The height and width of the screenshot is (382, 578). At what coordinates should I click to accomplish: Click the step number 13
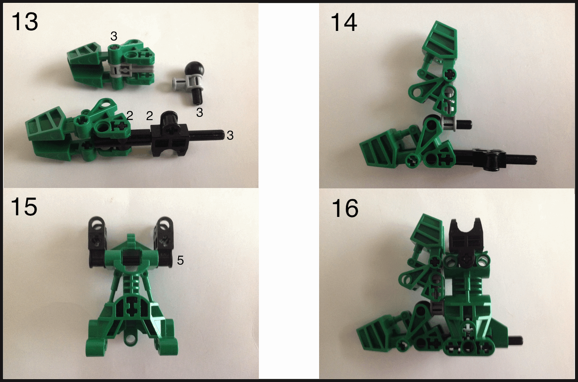click(x=25, y=22)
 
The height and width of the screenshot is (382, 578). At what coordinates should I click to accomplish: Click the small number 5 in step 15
click(x=180, y=260)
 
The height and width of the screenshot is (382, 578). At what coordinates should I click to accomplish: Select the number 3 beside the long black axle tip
click(x=230, y=135)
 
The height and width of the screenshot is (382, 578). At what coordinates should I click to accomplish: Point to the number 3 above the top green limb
click(x=114, y=36)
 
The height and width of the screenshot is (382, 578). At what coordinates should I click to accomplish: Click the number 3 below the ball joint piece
click(x=199, y=112)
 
